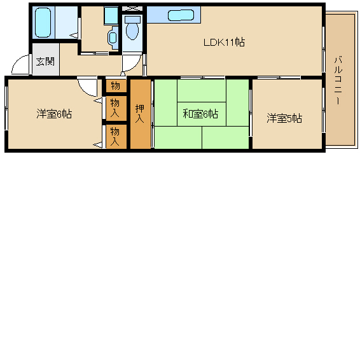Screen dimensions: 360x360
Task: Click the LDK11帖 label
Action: [x=224, y=43]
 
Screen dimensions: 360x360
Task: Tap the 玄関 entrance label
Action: [x=45, y=62]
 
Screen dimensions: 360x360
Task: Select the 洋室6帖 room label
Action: [x=53, y=114]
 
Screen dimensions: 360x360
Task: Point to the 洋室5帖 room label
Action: [x=284, y=118]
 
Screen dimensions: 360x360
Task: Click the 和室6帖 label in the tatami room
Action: [x=200, y=114]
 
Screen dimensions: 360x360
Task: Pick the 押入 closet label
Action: [x=140, y=113]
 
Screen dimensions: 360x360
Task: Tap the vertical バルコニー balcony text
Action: [x=338, y=81]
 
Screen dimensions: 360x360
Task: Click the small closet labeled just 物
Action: [x=114, y=85]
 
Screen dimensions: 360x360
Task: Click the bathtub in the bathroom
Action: [x=44, y=23]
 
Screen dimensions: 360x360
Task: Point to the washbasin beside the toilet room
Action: [x=113, y=37]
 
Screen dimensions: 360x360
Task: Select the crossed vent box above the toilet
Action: [x=132, y=9]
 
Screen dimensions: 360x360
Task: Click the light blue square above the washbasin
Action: [x=111, y=15]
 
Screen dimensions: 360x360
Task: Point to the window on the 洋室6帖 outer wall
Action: [x=6, y=113]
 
